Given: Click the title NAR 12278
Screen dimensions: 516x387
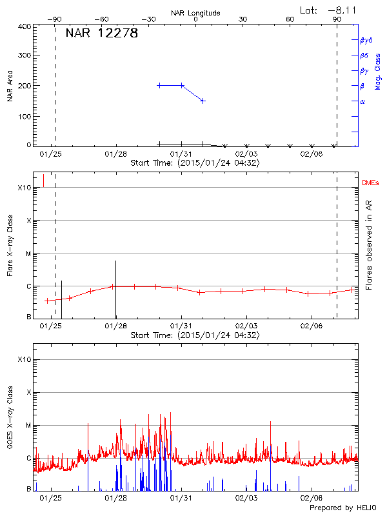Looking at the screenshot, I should [102, 34].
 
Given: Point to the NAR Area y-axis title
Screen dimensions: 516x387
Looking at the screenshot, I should [10, 86].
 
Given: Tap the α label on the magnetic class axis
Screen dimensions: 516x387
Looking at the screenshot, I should [362, 101].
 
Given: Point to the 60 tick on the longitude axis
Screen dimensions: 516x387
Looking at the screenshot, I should [290, 19].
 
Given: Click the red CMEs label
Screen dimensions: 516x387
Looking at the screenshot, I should [370, 184].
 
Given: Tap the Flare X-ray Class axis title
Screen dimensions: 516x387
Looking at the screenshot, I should [10, 245].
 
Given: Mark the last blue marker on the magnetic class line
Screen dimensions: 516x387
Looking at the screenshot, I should [203, 101].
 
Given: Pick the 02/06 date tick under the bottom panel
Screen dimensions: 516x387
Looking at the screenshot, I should [312, 498].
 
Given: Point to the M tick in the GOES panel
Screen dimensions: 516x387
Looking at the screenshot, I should [28, 425].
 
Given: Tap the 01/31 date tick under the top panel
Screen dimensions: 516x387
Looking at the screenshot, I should [181, 154].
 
